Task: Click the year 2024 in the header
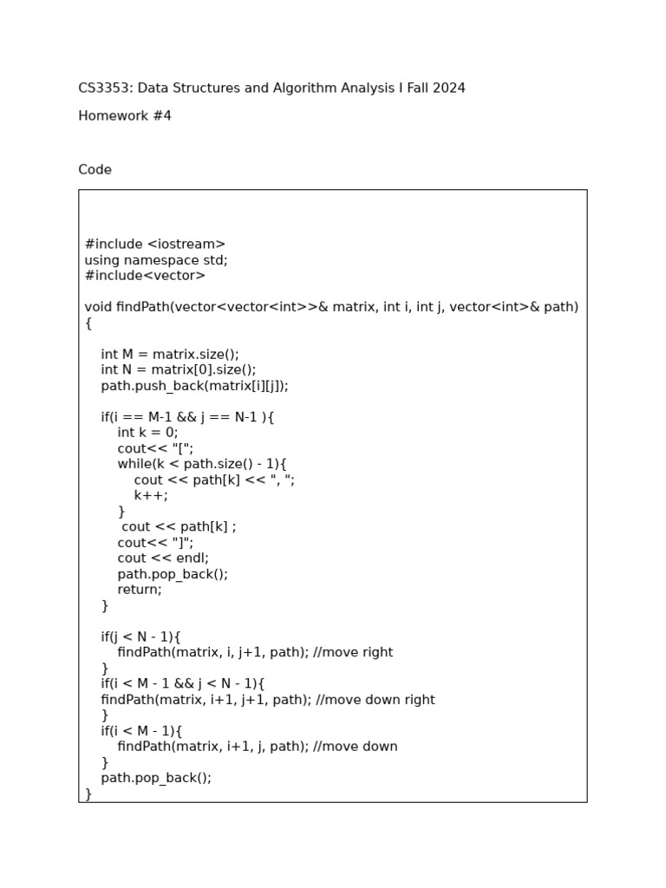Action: pyautogui.click(x=448, y=88)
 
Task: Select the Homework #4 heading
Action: pyautogui.click(x=125, y=116)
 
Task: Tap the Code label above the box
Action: pyautogui.click(x=95, y=170)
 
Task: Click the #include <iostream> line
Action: pyautogui.click(x=154, y=245)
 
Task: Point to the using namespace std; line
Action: pyautogui.click(x=156, y=260)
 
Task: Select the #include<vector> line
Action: pyautogui.click(x=145, y=276)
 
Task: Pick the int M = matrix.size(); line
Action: pyautogui.click(x=169, y=354)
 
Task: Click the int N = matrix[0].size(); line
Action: pyautogui.click(x=178, y=369)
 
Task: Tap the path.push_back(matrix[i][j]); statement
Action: pyautogui.click(x=194, y=386)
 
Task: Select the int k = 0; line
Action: pyautogui.click(x=147, y=433)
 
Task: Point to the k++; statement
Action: pyautogui.click(x=151, y=495)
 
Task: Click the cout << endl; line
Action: pyautogui.click(x=163, y=558)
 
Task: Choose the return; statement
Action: pyautogui.click(x=140, y=590)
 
